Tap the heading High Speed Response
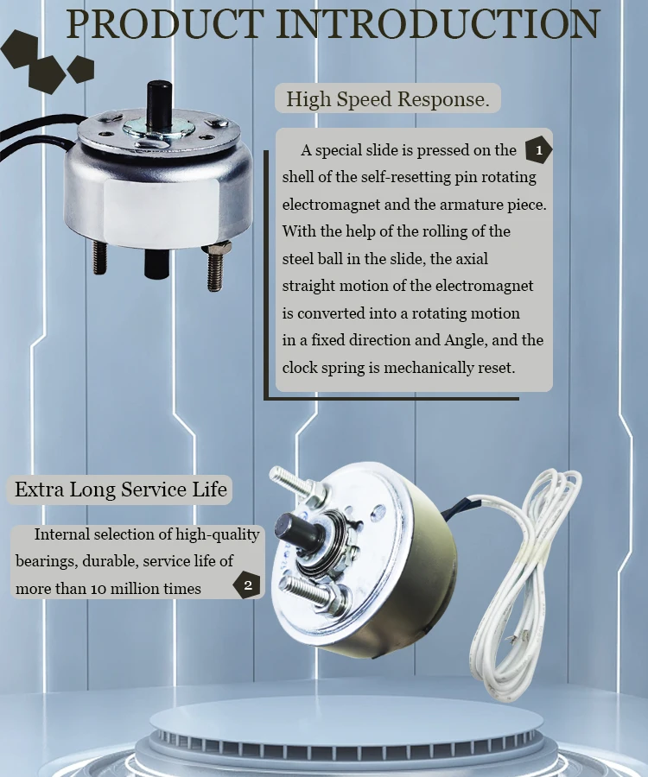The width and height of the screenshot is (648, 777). point(387,99)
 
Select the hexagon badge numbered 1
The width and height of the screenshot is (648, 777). point(538,150)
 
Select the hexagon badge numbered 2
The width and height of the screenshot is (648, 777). point(247,585)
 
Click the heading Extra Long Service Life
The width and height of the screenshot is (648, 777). point(121,490)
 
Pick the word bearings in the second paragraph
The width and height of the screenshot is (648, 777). point(46,561)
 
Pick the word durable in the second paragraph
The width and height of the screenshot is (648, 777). point(110,561)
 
